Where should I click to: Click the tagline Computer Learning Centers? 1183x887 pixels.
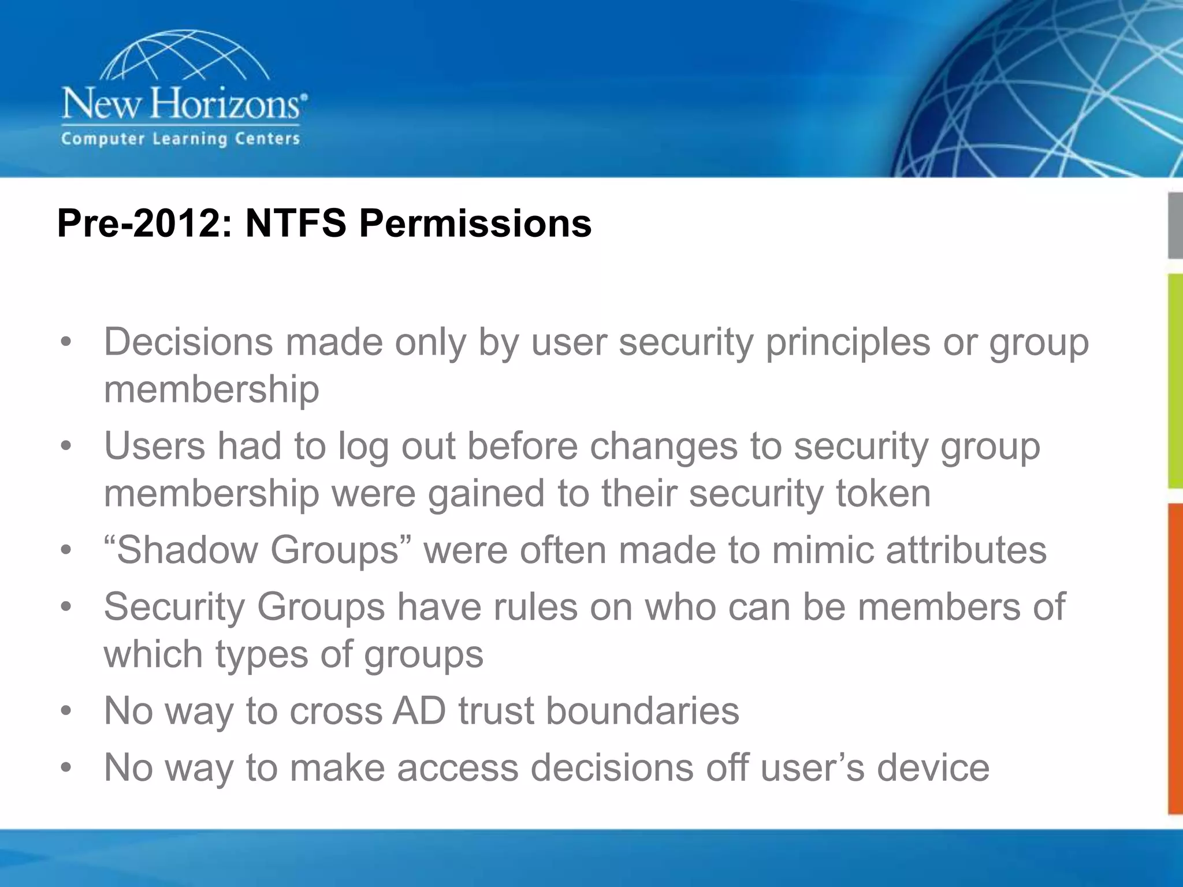tap(180, 139)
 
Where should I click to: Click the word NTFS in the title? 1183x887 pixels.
tap(295, 223)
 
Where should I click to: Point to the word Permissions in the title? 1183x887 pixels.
tap(475, 223)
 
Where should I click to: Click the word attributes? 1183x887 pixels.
tap(966, 549)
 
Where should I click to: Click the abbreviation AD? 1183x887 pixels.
tap(419, 710)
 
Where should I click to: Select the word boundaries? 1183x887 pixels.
tap(642, 710)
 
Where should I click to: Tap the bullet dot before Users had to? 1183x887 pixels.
tap(66, 446)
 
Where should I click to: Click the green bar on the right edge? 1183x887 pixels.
tap(1175, 381)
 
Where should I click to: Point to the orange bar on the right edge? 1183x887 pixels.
tap(1175, 658)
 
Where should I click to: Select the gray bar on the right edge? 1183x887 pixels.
tap(1175, 225)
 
